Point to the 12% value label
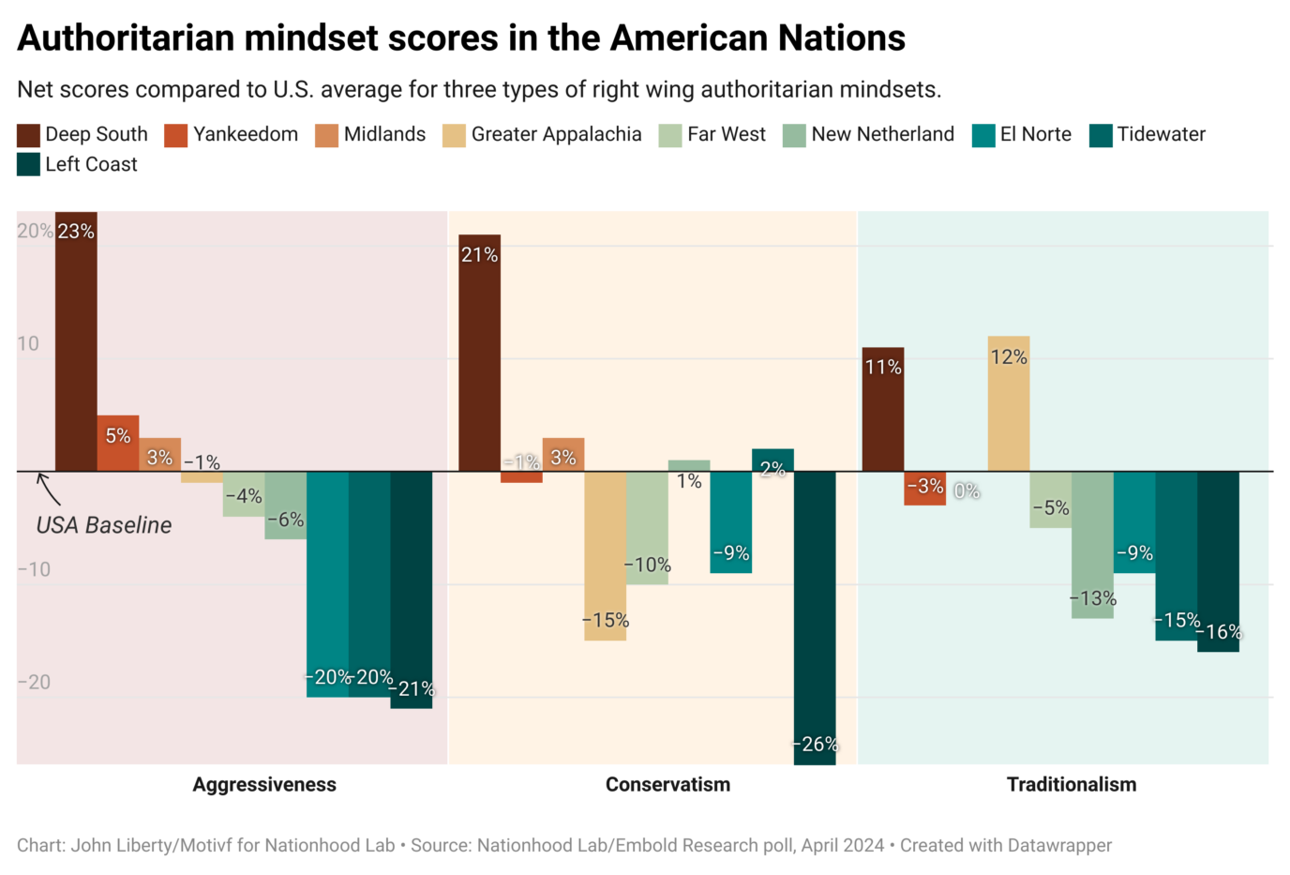1009,357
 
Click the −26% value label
815,745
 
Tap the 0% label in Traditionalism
967,490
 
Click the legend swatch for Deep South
28,135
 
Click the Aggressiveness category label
264,785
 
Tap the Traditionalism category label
1071,785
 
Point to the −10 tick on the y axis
34,569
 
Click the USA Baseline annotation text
104,525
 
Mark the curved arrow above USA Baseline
47,490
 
